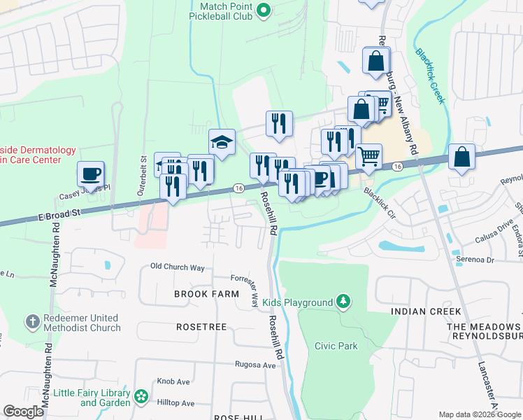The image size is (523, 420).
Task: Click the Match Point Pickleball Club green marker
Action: point(264,9)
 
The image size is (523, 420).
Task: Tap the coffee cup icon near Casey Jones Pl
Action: point(91,173)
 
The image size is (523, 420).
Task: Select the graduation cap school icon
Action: point(222,143)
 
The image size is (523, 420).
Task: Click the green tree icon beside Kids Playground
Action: point(343,302)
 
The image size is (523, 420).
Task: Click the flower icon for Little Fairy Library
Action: point(141,397)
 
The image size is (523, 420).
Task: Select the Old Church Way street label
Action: point(178,267)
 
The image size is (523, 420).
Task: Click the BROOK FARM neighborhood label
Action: point(206,295)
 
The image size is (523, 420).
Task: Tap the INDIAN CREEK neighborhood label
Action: point(426,311)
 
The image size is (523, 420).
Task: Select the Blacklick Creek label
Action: point(429,75)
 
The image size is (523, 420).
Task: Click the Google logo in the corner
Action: point(23,412)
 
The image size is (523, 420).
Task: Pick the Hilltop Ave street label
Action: point(178,403)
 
